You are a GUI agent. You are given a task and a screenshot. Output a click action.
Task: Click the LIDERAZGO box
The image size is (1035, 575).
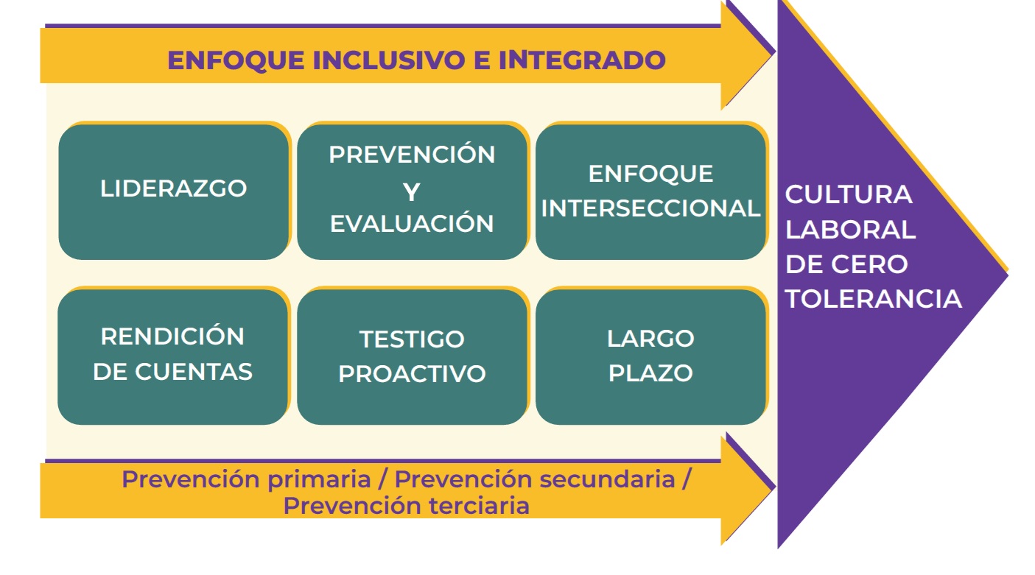coord(173,191)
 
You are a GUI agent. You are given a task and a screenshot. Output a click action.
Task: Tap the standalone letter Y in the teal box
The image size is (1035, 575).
coord(411,192)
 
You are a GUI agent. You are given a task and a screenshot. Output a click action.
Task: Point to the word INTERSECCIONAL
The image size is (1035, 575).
coord(650,208)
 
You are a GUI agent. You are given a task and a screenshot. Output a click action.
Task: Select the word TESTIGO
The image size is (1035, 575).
coord(412,339)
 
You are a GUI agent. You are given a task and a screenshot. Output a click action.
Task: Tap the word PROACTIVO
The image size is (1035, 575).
coord(412,373)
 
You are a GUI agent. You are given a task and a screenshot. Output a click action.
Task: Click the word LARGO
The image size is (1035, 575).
coord(650,339)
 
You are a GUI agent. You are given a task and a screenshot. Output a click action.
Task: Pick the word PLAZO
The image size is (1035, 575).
coord(650,373)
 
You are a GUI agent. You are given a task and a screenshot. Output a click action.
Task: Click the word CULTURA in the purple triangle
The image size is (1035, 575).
coord(849,194)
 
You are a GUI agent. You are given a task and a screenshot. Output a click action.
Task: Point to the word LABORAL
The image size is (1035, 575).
coord(850,230)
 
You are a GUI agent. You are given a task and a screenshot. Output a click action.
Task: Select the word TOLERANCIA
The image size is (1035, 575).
coord(873,299)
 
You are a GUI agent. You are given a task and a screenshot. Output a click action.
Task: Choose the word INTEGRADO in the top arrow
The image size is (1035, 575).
coord(582,60)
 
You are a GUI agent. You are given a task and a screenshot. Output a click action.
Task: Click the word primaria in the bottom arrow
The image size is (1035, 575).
coord(319,479)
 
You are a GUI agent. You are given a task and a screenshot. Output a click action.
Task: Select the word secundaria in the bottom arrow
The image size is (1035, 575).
coord(607,479)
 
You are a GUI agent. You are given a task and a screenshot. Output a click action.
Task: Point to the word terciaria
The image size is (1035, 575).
coord(479,505)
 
